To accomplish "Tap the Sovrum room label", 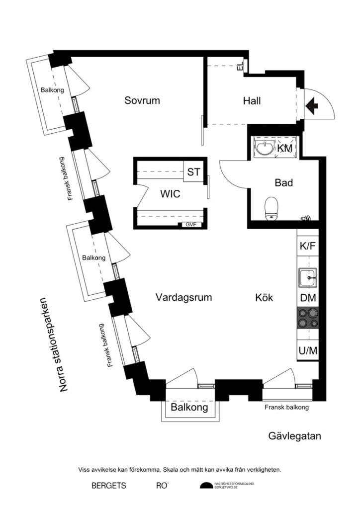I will click(x=142, y=100).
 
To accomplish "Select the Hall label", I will click(x=252, y=101).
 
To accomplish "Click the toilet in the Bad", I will click(x=271, y=207).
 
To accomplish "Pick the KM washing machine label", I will click(x=285, y=148).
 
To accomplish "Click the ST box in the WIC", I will click(x=193, y=172).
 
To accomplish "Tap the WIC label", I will click(x=170, y=194).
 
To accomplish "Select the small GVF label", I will click(x=191, y=225).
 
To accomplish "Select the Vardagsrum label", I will click(x=183, y=298).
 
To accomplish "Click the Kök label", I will click(x=264, y=298).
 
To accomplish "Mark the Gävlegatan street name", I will click(x=295, y=436).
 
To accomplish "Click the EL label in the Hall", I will click(x=240, y=66).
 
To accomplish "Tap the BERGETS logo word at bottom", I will click(x=108, y=485).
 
